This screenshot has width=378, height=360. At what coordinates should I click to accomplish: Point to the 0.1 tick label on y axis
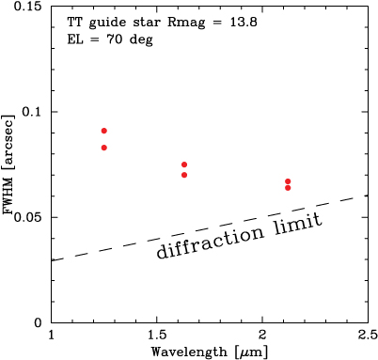[x=34, y=112]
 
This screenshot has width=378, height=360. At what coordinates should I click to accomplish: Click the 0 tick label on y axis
[x=40, y=322]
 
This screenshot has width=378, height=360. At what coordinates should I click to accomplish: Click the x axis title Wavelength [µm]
[x=209, y=352]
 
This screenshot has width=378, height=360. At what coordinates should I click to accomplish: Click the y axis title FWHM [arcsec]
[x=9, y=164]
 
